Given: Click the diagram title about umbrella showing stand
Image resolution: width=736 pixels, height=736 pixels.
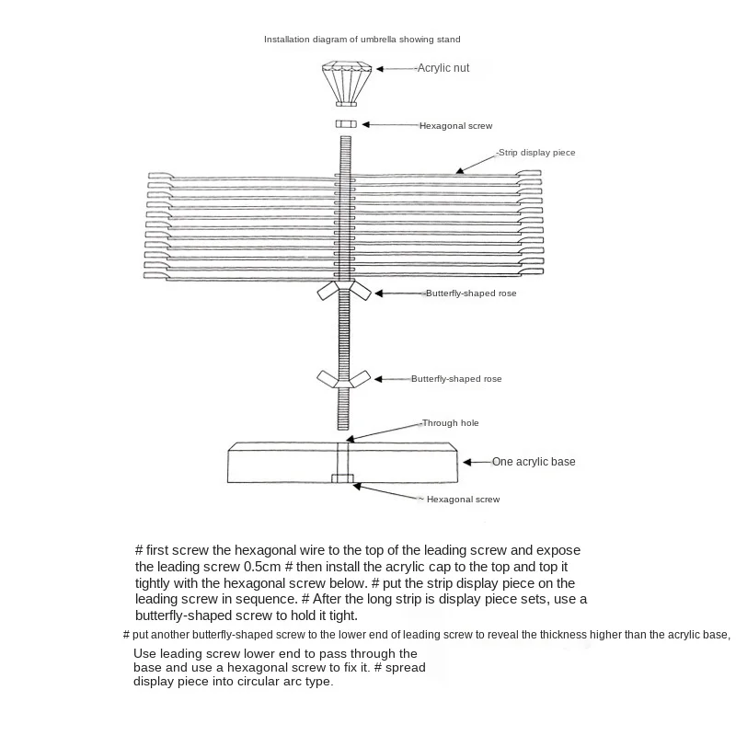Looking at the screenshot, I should pyautogui.click(x=362, y=40).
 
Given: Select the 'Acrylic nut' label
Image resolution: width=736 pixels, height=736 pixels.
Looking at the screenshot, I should pyautogui.click(x=443, y=68).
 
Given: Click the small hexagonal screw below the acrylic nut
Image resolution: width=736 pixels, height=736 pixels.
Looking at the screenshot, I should pyautogui.click(x=346, y=124).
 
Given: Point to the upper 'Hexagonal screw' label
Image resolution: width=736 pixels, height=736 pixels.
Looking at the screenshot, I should pyautogui.click(x=456, y=125).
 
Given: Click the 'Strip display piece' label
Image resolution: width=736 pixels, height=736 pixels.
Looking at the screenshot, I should pyautogui.click(x=536, y=152).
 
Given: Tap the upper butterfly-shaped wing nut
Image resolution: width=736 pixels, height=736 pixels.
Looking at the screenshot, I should pyautogui.click(x=344, y=292).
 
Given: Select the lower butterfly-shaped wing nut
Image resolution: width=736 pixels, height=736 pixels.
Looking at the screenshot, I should pyautogui.click(x=344, y=377).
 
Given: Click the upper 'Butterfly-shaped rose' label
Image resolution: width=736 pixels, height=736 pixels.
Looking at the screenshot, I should pyautogui.click(x=470, y=293).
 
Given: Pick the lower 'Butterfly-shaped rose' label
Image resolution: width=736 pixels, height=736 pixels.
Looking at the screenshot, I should pyautogui.click(x=456, y=379).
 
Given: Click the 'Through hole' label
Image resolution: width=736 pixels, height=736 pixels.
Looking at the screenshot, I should pyautogui.click(x=450, y=423).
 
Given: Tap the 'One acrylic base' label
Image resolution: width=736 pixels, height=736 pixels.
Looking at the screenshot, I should pyautogui.click(x=534, y=461).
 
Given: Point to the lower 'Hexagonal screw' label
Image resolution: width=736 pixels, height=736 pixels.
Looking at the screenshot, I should pyautogui.click(x=463, y=499).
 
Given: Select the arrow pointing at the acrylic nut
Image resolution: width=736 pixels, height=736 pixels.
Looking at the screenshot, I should pyautogui.click(x=397, y=69).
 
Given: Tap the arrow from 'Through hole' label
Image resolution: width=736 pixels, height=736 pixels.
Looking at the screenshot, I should pyautogui.click(x=385, y=431).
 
